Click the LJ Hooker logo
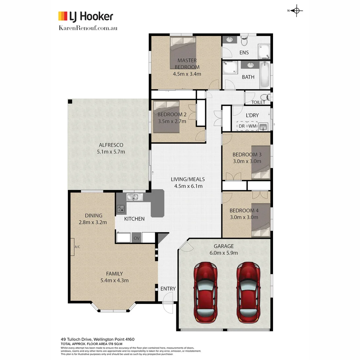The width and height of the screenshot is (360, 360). pos(86,16)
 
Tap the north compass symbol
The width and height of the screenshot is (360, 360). pos(297,11)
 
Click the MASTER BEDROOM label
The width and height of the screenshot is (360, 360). pos(187,64)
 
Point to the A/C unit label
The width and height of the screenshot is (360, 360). pos(77,247)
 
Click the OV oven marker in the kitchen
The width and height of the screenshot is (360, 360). pos(136,238)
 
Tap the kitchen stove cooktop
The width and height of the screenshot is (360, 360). pos(121,209)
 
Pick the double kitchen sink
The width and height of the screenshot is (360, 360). pos(134,197)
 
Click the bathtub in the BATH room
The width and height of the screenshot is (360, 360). pos(264,75)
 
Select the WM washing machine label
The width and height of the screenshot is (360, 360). pos(252,127)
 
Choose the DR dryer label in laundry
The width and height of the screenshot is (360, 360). pos(241,127)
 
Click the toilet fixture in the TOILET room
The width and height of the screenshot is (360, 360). pos(265,97)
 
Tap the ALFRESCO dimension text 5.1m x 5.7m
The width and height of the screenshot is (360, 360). pos(111,152)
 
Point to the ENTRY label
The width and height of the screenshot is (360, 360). pos(168,289)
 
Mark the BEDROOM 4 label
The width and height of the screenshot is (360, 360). pos(244,210)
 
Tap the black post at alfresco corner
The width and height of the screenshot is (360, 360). pos(70,102)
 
